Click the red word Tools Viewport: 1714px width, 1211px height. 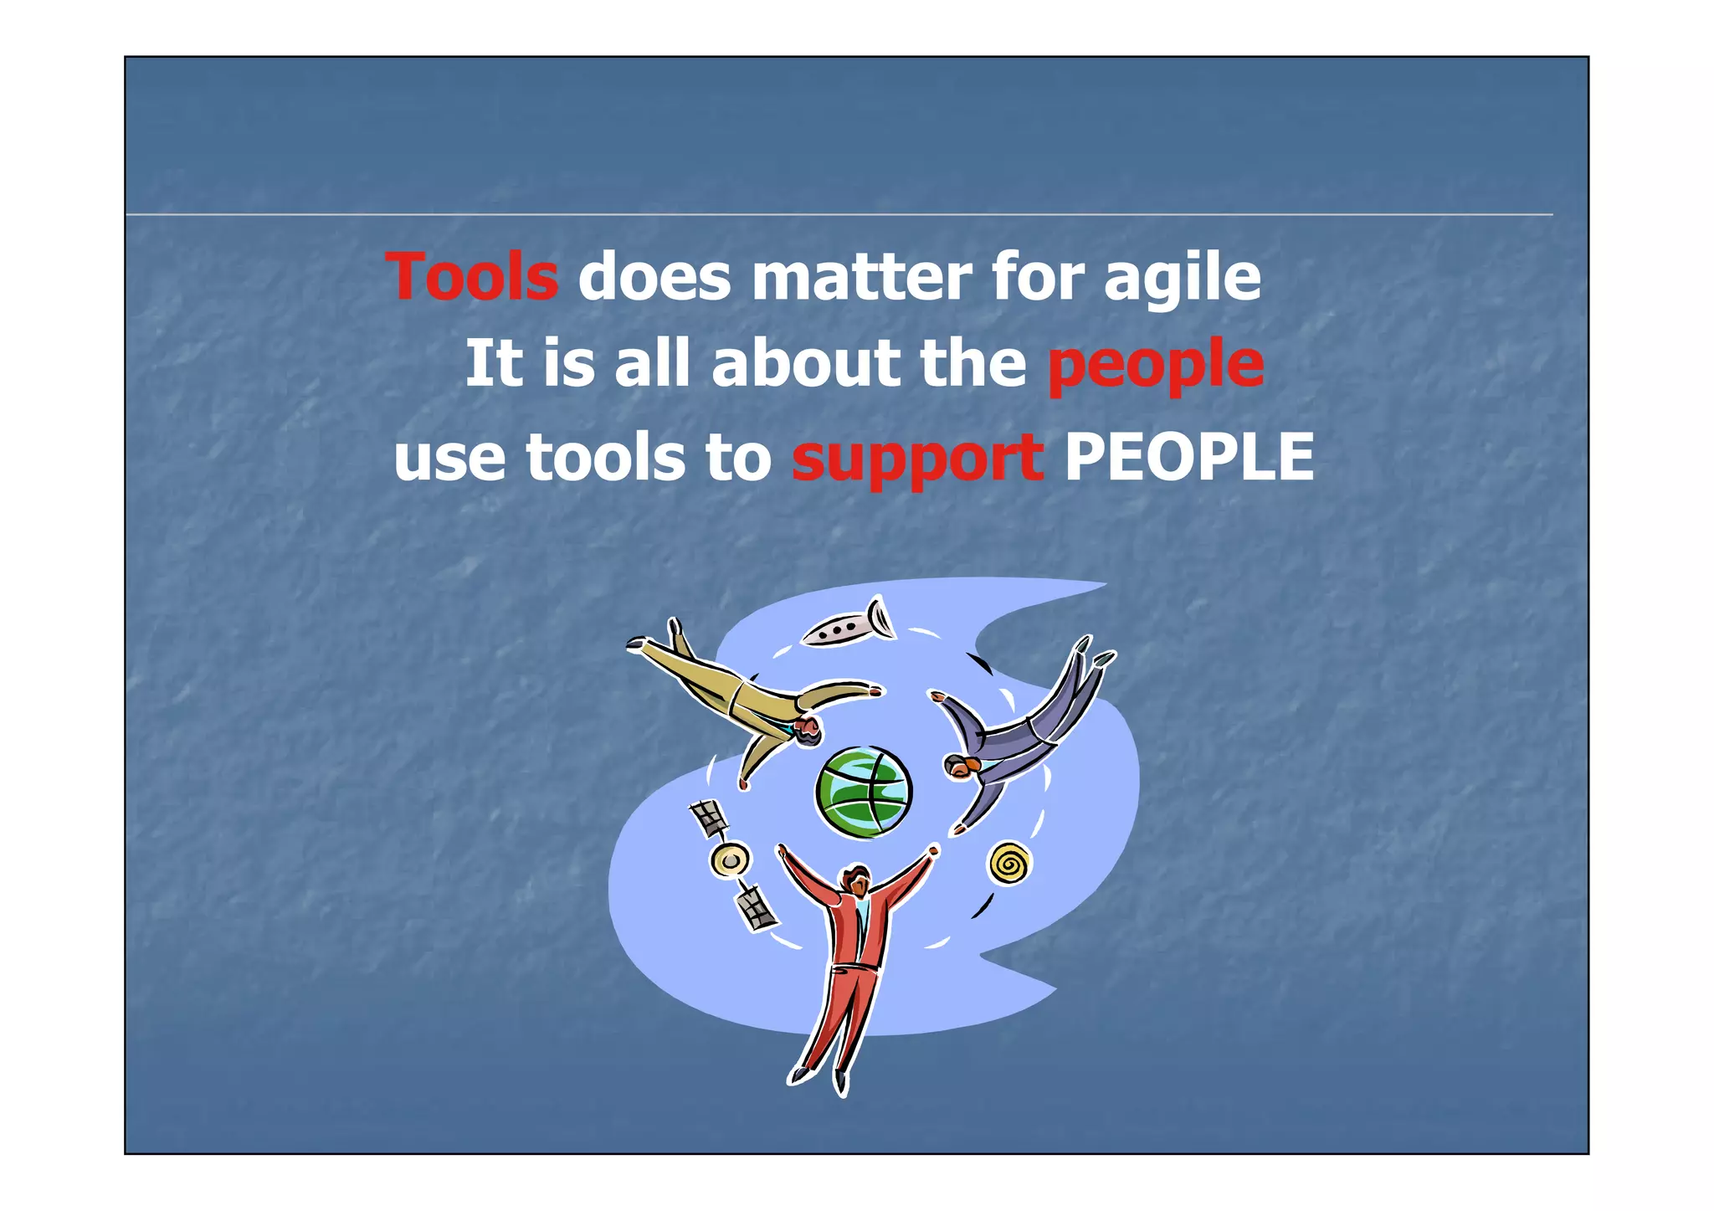point(471,278)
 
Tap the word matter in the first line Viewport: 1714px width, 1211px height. point(861,278)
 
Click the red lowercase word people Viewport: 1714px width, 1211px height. point(1155,367)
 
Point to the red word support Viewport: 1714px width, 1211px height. point(917,459)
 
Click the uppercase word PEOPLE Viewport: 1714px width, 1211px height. point(1188,457)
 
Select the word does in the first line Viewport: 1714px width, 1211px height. point(654,278)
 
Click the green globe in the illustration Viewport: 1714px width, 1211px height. point(864,792)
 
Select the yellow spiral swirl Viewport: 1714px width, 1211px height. point(1008,864)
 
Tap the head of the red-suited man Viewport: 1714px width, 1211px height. point(855,880)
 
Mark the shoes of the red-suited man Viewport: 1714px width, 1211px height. point(820,1080)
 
